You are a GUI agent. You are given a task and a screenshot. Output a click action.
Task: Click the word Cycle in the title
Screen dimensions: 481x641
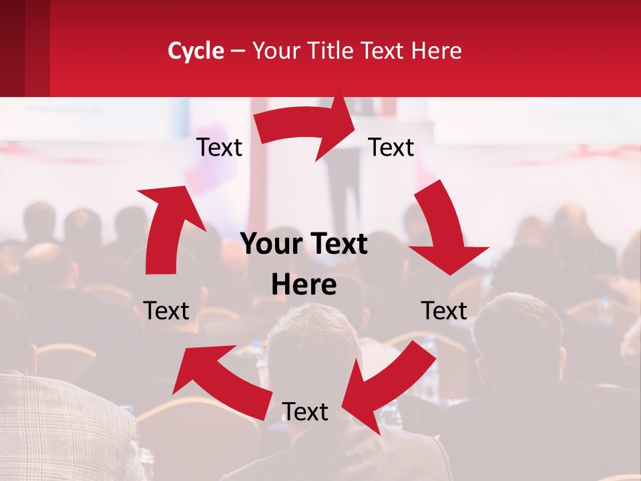pos(196,51)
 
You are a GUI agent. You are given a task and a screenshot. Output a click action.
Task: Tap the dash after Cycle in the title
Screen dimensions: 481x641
pos(238,51)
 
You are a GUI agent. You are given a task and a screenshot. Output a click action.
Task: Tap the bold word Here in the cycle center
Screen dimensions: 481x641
pos(304,285)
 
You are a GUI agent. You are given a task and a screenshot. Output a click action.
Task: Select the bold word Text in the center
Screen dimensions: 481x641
pos(338,245)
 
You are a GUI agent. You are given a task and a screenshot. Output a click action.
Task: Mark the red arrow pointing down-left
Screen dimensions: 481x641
pos(387,387)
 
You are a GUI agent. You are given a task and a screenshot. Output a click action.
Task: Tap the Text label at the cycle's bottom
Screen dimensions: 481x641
pos(304,412)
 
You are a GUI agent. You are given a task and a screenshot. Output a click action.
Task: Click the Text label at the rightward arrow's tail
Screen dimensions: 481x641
pos(219,148)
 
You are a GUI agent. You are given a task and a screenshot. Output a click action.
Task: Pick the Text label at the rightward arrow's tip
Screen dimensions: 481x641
pos(391,148)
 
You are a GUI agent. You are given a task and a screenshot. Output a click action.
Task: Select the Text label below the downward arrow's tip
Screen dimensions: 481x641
pos(444,311)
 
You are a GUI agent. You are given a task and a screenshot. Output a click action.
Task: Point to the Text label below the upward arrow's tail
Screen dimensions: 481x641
pos(166,311)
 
